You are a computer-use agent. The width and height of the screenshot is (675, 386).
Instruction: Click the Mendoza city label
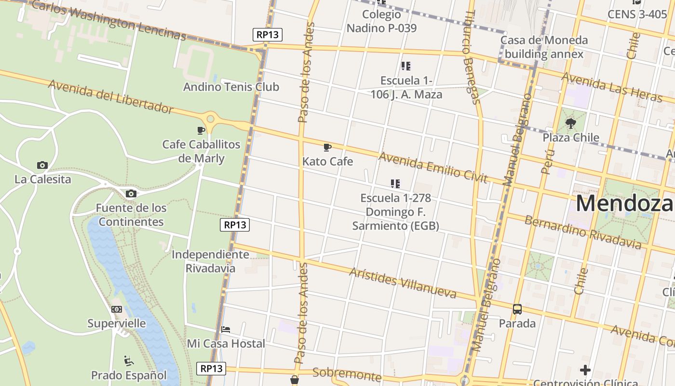coord(624,203)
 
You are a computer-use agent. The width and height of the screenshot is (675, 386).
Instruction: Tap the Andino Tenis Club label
coord(231,87)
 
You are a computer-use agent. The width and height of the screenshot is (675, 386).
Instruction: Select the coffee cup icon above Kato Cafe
coord(327,147)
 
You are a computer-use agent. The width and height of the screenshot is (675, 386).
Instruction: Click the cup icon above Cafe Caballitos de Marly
coord(201,130)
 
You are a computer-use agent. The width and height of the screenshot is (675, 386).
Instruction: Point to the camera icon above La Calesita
coord(42,165)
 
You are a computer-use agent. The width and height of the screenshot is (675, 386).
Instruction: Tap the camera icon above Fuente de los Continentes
coord(131,194)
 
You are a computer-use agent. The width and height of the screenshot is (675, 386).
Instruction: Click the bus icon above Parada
coord(517,309)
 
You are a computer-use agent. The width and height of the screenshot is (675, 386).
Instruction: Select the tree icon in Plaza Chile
coord(571,124)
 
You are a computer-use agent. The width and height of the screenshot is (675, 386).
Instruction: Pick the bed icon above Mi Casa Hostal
coord(225,330)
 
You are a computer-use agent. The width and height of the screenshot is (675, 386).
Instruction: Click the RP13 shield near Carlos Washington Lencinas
coord(267,35)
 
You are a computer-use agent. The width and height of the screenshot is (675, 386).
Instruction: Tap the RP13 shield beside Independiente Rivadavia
coord(235,225)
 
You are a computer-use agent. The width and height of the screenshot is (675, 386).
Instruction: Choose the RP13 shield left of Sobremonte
coord(211,369)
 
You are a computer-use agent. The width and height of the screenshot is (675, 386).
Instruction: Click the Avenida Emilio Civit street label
coord(433,167)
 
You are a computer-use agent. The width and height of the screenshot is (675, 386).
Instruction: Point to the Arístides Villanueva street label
coord(403,282)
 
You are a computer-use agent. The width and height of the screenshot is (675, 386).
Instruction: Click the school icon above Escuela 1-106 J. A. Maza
coord(405,66)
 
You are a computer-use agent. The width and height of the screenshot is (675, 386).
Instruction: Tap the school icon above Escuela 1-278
coord(395,184)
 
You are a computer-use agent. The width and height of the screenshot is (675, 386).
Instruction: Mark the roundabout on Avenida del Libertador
coord(210,119)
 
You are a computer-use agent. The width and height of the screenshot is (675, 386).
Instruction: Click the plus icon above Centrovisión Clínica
coord(585,370)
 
